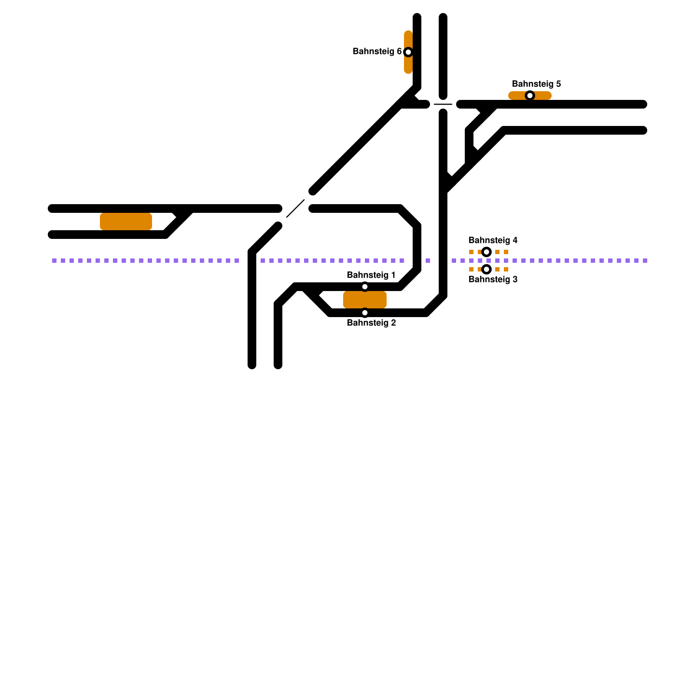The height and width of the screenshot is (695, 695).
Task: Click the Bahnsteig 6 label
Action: click(x=377, y=52)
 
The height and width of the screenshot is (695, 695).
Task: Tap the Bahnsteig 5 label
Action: click(x=536, y=84)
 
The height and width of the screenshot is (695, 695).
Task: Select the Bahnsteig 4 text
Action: click(x=493, y=240)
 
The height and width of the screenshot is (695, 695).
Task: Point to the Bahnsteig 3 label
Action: click(x=493, y=279)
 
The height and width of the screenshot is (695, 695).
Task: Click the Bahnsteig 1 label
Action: click(x=371, y=275)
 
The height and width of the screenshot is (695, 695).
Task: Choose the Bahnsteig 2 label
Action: click(x=371, y=323)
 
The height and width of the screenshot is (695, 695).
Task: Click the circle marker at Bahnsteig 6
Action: click(x=408, y=52)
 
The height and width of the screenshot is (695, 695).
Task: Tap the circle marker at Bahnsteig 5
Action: click(x=530, y=96)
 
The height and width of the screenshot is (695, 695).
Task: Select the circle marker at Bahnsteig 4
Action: click(x=486, y=252)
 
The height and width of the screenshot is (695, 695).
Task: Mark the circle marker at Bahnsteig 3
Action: click(x=486, y=269)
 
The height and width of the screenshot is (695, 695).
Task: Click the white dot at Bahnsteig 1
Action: click(x=365, y=287)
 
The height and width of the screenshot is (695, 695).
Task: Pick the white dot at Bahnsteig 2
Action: click(x=365, y=313)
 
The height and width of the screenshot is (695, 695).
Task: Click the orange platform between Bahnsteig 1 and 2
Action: click(x=365, y=300)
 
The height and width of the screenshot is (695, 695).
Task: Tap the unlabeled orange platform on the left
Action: click(x=126, y=222)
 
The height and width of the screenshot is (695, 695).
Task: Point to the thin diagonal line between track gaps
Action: click(x=295, y=208)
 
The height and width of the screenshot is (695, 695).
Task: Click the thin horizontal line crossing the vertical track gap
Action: click(x=443, y=104)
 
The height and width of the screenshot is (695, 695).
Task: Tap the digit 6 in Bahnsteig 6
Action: click(x=399, y=52)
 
